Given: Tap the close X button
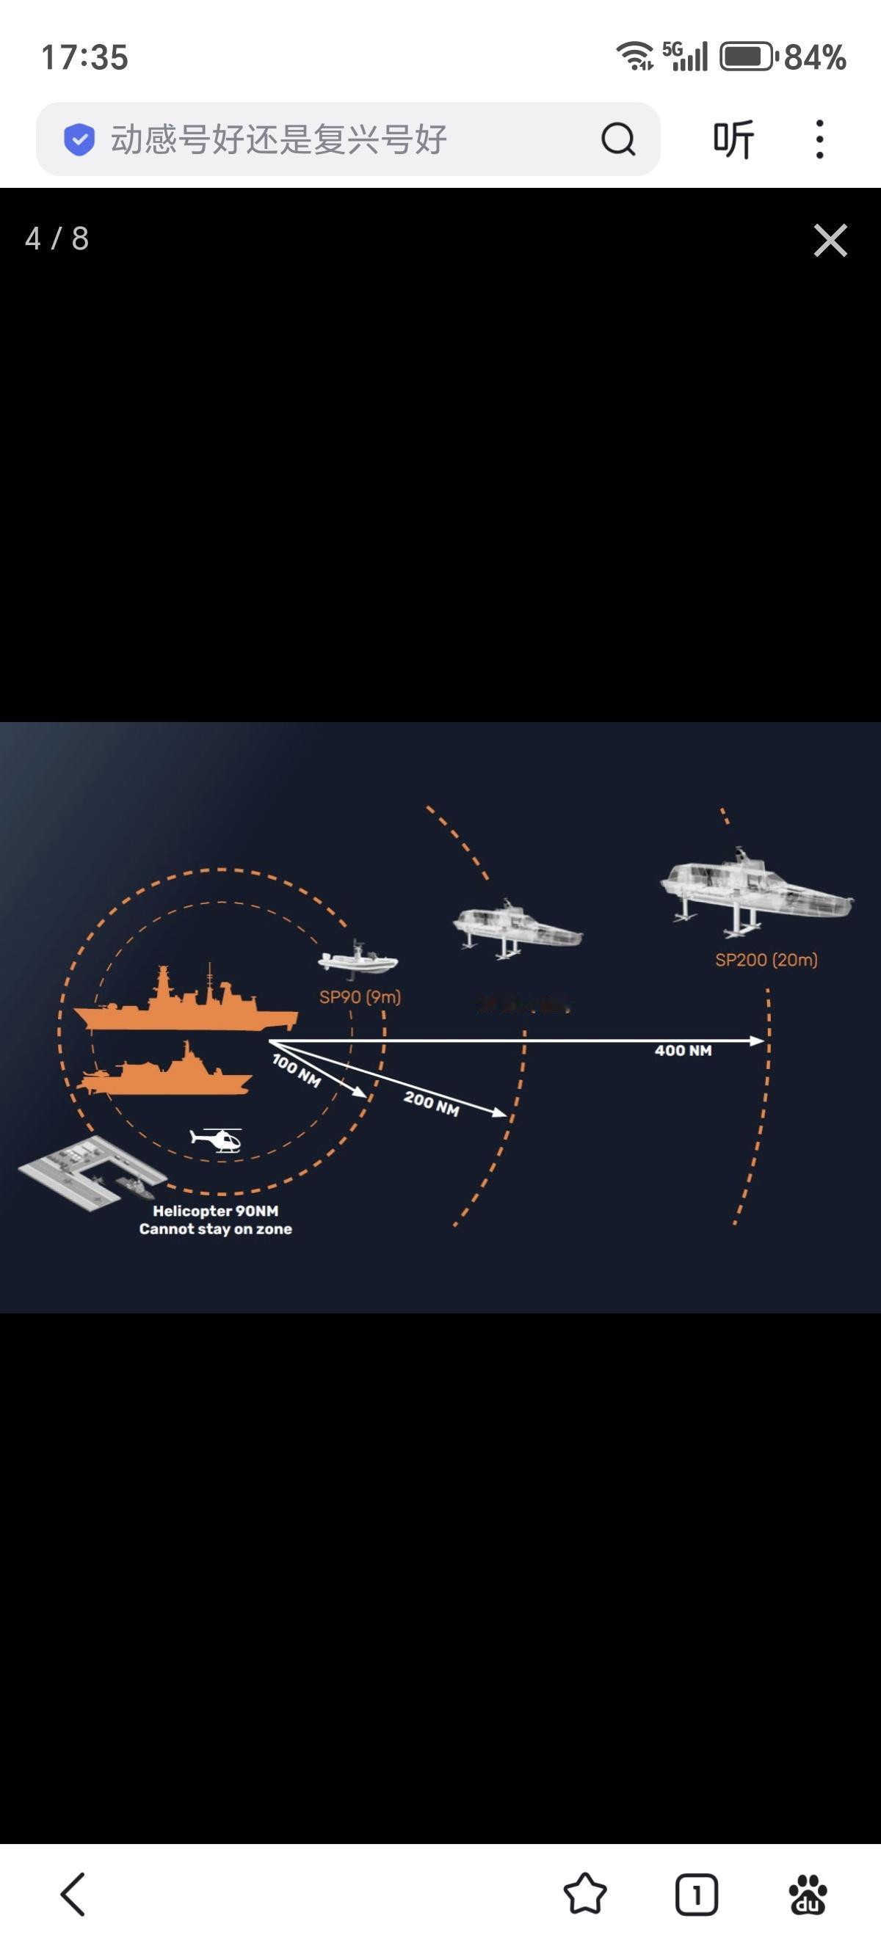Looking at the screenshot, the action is coord(830,240).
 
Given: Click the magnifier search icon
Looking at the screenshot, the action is coord(618,139).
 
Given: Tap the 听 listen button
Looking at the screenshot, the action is coord(733,139).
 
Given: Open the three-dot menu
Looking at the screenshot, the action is coord(820,139).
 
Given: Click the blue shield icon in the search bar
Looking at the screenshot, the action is coord(79,139).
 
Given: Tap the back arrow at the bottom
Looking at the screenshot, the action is coord(73,1894).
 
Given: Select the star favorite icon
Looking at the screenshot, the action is coord(585,1894).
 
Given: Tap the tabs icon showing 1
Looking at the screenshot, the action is coord(696,1894).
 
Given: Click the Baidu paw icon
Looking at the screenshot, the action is coord(808,1894).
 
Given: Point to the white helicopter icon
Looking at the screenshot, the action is coord(217,1138).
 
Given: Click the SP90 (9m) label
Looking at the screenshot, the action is coord(360,997).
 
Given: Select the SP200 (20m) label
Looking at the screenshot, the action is coord(766,960).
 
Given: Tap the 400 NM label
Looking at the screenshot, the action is coord(683,1051).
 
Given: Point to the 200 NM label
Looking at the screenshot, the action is coord(432,1103).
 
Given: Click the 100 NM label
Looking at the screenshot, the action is coord(296,1071).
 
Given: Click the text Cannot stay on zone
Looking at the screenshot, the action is coord(215,1229).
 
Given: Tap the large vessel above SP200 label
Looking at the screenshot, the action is coord(755,892).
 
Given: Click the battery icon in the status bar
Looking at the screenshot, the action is coord(747,57).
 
